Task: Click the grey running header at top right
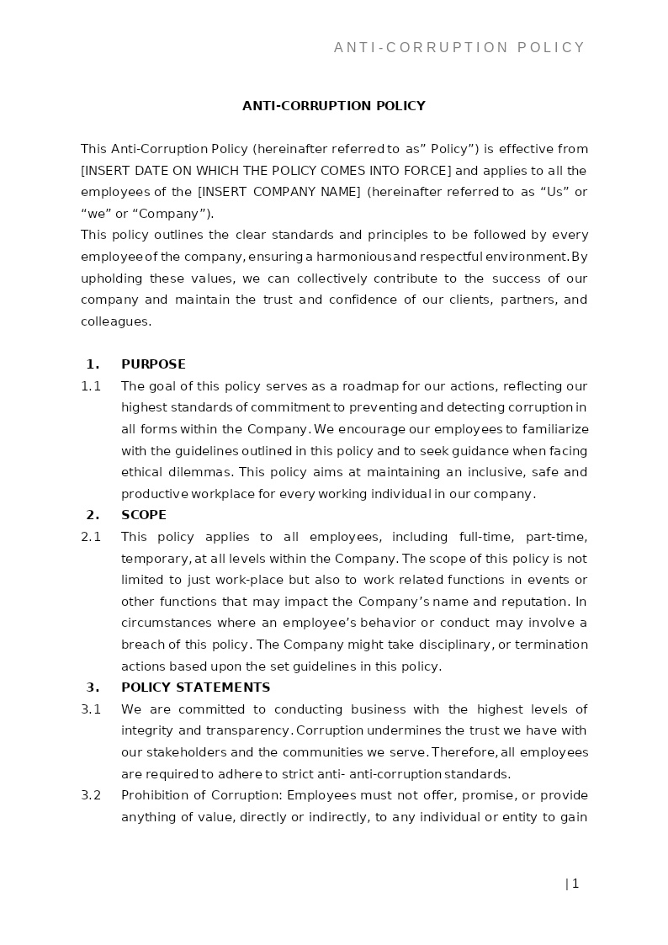click(x=459, y=48)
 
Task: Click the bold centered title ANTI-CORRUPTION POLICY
click(x=334, y=106)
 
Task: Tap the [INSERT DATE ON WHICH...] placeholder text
click(x=266, y=171)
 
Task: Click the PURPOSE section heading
click(x=153, y=364)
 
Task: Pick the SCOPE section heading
click(x=144, y=515)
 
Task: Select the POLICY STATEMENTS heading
click(x=195, y=688)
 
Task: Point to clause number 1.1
click(x=91, y=386)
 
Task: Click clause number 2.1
click(x=91, y=537)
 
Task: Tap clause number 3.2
click(x=91, y=796)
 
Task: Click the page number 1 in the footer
click(x=575, y=884)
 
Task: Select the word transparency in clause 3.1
click(x=247, y=730)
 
